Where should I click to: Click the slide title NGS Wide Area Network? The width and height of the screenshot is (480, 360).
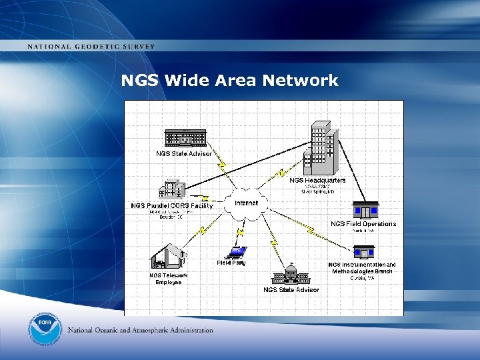coord(229,81)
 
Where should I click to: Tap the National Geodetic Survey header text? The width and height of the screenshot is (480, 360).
coord(91,47)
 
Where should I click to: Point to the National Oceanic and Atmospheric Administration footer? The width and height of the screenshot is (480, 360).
coord(141,330)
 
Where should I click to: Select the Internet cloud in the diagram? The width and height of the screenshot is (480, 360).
coord(247,203)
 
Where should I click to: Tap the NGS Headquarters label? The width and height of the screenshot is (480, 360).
coord(318,180)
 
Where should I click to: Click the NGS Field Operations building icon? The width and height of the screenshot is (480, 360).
coord(365,210)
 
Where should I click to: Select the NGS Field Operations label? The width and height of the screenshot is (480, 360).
coord(363,224)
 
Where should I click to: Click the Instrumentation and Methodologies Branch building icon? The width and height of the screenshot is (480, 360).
coord(363,253)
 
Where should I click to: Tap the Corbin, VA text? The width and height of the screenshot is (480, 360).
coord(363,278)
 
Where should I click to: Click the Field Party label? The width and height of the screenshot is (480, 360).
coord(231,263)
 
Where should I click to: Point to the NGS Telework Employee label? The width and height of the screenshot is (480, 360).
coord(169,279)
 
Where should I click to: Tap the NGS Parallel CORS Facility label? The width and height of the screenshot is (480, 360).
coord(171,205)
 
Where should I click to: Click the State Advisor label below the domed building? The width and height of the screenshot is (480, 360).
coord(291,289)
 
